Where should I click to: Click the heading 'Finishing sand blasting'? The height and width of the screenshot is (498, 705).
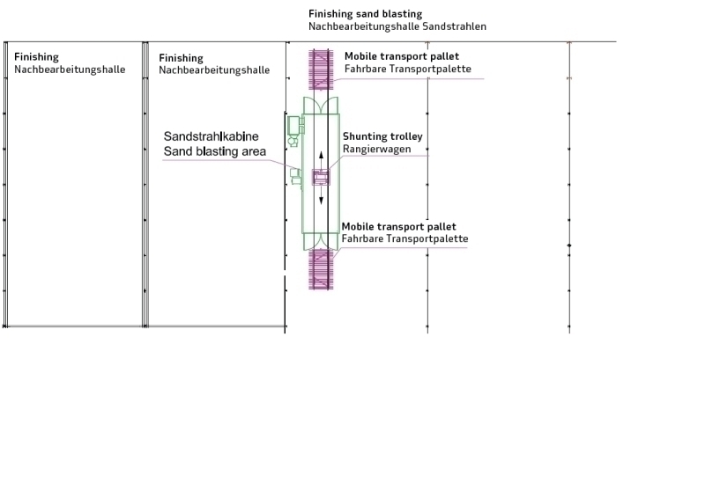(x=365, y=14)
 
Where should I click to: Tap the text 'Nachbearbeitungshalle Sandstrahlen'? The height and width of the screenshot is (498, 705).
(x=397, y=26)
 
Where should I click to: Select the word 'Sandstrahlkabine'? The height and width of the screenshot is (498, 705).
(x=211, y=136)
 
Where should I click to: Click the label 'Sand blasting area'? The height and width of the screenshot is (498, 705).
(x=214, y=151)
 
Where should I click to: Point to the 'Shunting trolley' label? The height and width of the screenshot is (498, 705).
(x=382, y=136)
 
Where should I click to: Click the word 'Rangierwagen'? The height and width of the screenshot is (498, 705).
(x=377, y=149)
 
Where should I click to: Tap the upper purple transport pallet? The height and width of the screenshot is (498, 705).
(x=321, y=70)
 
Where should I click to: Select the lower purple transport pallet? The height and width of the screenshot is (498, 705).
(x=321, y=269)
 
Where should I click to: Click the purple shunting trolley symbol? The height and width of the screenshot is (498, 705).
(x=321, y=178)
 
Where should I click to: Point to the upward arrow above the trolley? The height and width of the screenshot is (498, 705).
(x=321, y=160)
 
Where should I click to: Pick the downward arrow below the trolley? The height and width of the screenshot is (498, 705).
(x=321, y=195)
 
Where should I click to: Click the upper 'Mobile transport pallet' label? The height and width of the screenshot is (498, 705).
(x=402, y=56)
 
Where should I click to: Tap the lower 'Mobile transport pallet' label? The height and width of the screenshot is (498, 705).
(x=399, y=226)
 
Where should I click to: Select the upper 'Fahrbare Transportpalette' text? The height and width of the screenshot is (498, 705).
(x=408, y=69)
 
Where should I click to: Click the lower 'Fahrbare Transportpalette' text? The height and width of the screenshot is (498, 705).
(x=404, y=238)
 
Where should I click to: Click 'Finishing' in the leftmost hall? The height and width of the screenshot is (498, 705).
(x=36, y=57)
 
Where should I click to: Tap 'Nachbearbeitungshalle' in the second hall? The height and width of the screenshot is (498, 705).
(x=214, y=70)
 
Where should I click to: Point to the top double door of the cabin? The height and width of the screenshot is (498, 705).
(x=321, y=106)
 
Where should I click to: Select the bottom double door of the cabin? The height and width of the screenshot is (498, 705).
(x=321, y=241)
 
